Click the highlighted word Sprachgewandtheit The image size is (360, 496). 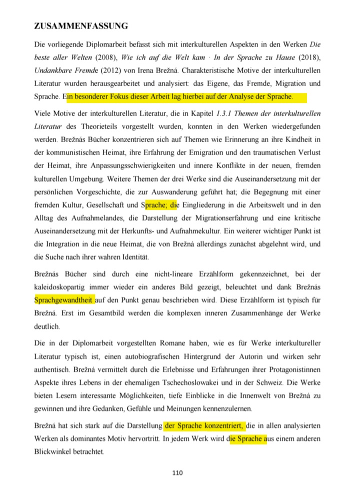63,301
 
